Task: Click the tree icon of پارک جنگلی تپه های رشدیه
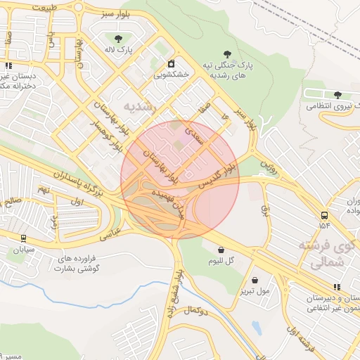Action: [226, 54]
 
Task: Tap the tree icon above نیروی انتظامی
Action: [337, 95]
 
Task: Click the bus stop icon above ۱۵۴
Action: [324, 215]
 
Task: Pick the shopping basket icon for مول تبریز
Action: [255, 279]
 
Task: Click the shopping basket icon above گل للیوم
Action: [221, 250]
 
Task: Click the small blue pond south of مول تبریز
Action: [256, 328]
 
